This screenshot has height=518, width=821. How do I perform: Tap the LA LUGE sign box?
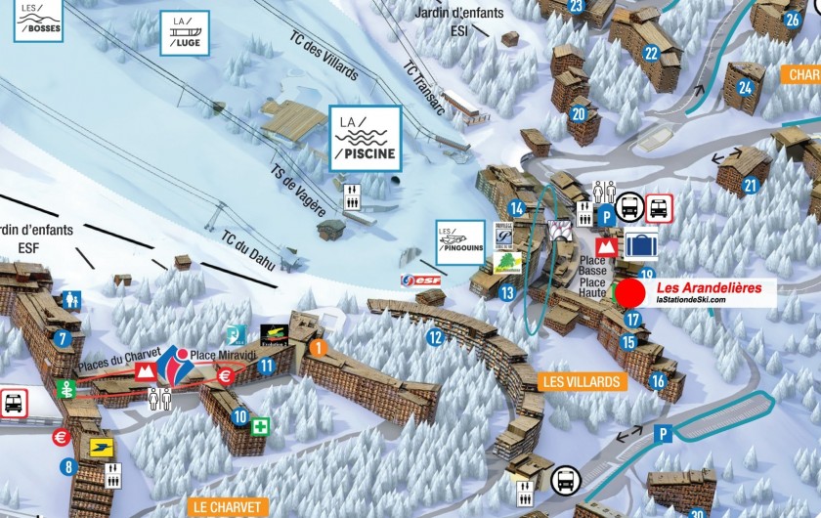[185, 33]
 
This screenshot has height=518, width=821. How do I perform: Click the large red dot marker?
[630, 293]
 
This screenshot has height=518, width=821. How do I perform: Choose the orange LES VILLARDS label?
[581, 381]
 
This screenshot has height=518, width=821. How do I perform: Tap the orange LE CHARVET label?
[227, 507]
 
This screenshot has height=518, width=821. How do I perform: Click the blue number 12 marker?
[435, 338]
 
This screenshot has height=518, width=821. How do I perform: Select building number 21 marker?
[752, 185]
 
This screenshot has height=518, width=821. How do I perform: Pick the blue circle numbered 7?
[65, 339]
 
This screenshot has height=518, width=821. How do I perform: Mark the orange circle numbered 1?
[318, 346]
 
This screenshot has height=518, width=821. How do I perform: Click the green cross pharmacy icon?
[260, 427]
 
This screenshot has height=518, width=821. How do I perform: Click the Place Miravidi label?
[223, 356]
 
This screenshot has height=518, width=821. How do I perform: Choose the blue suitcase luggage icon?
[642, 245]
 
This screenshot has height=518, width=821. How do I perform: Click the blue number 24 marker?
[746, 87]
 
